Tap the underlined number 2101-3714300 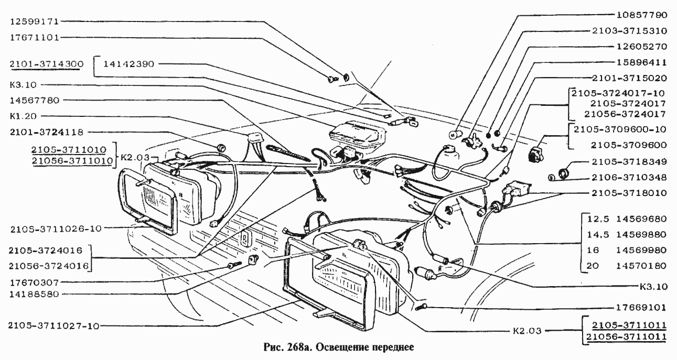pyautogui.click(x=46, y=64)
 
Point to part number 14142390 pyautogui.click(x=128, y=64)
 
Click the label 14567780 pyautogui.click(x=35, y=100)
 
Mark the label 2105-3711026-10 pyautogui.click(x=55, y=228)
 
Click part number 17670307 pyautogui.click(x=35, y=281)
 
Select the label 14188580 pyautogui.click(x=35, y=294)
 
